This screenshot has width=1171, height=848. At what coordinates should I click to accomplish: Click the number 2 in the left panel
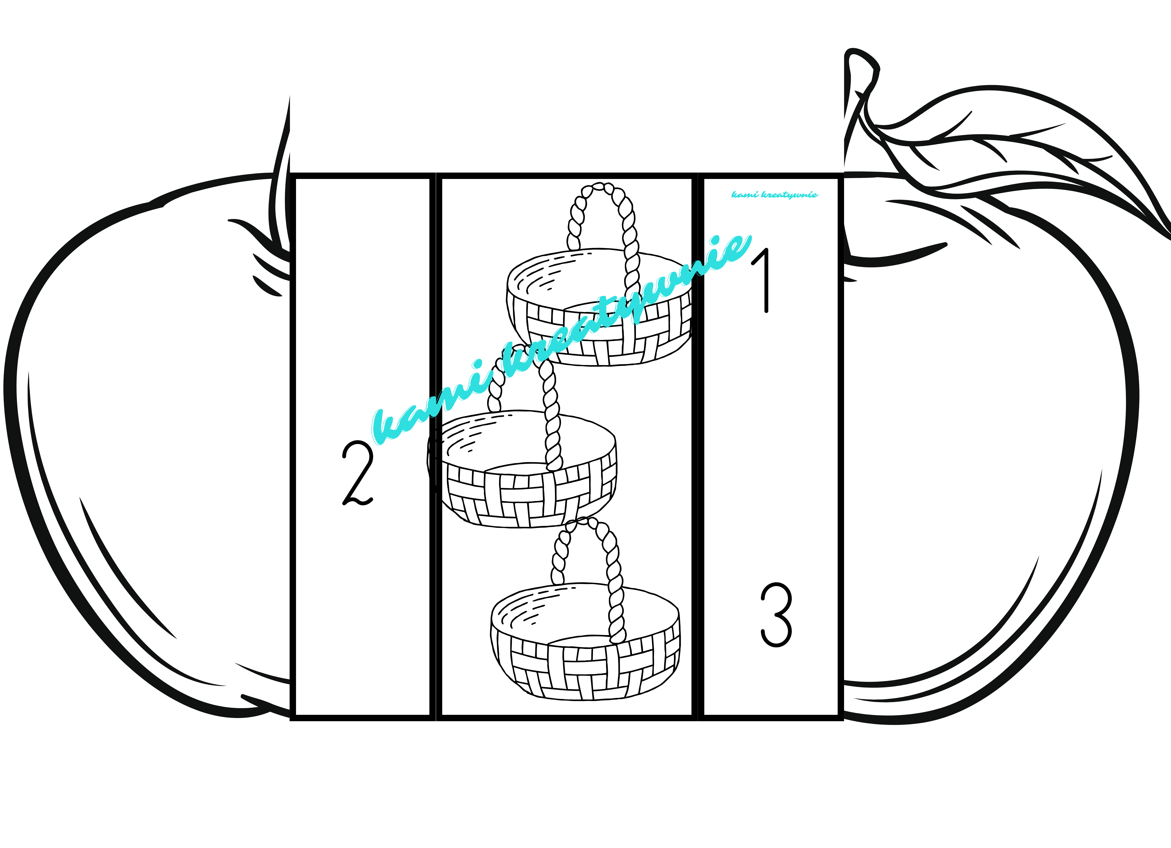click(x=357, y=472)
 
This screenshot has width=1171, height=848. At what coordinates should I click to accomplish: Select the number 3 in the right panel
click(x=776, y=615)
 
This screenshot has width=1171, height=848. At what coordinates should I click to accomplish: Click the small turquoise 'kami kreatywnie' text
click(x=775, y=195)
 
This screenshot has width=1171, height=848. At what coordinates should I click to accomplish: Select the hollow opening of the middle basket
click(x=527, y=442)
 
